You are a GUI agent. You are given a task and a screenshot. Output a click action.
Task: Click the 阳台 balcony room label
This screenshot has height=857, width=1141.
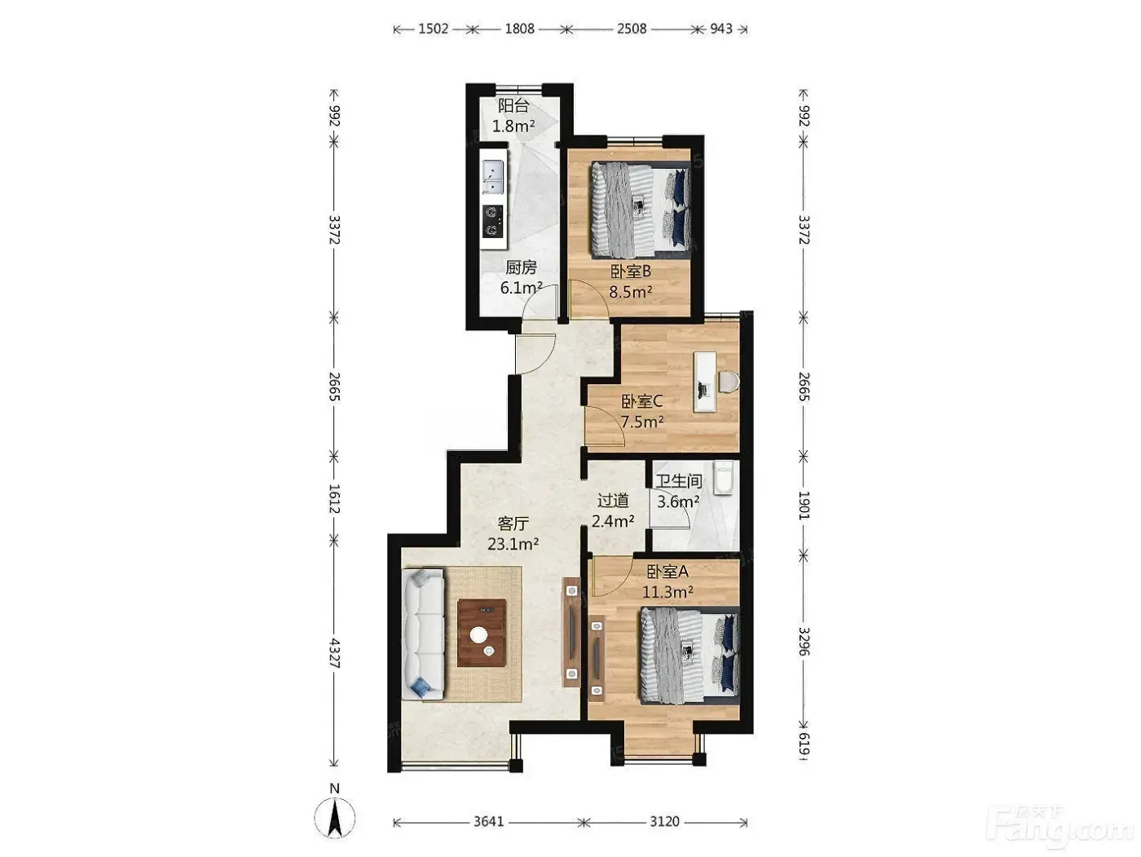pyautogui.click(x=513, y=106)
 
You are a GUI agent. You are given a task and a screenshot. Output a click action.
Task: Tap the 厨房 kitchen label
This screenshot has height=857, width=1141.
pyautogui.click(x=521, y=267)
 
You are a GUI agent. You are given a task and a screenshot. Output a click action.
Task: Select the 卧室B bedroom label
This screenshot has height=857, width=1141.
pyautogui.click(x=631, y=272)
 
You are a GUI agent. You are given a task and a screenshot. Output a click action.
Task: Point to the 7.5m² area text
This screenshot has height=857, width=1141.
pyautogui.click(x=642, y=422)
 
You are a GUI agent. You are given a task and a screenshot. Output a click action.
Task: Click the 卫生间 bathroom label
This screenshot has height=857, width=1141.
pyautogui.click(x=678, y=481)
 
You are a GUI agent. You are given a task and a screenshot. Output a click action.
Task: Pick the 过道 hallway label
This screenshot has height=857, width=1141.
pyautogui.click(x=614, y=501)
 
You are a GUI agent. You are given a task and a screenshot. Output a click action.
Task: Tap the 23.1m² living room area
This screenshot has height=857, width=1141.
pyautogui.click(x=513, y=544)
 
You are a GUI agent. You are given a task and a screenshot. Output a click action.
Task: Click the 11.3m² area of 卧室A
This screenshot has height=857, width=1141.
pyautogui.click(x=667, y=592)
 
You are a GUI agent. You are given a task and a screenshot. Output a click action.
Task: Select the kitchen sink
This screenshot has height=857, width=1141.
pyautogui.click(x=129, y=178)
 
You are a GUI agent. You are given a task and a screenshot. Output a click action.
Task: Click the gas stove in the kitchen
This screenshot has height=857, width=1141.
pyautogui.click(x=129, y=222)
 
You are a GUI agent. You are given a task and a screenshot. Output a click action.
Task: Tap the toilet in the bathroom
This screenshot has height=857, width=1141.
pyautogui.click(x=724, y=477)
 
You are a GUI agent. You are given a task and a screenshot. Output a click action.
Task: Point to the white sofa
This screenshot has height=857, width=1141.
pyautogui.click(x=424, y=634)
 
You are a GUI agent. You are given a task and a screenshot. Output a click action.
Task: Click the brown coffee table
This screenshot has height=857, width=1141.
pyautogui.click(x=482, y=633)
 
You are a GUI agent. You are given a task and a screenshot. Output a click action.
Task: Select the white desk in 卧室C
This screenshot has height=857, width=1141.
pyautogui.click(x=704, y=382)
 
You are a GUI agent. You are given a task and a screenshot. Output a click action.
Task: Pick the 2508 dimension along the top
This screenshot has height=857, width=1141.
pyautogui.click(x=632, y=29)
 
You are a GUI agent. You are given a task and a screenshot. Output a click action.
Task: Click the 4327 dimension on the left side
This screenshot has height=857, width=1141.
pyautogui.click(x=334, y=653)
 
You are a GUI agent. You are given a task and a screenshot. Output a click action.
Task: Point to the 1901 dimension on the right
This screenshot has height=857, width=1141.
pyautogui.click(x=803, y=505)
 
